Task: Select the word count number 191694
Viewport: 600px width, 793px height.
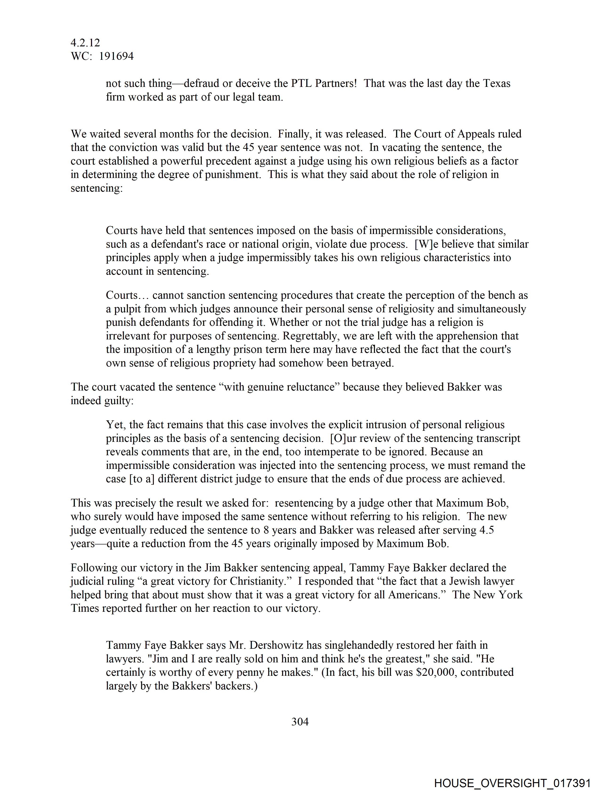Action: click(x=116, y=56)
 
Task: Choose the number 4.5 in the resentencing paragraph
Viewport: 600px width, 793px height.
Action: click(x=486, y=530)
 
